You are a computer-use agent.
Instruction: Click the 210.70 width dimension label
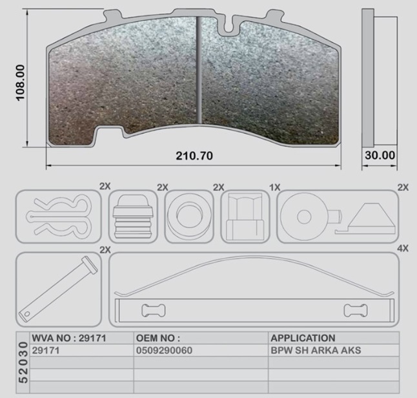[194, 156]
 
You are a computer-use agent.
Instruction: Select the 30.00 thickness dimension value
[379, 156]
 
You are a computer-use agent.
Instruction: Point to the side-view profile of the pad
[369, 78]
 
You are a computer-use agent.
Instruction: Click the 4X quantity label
[403, 248]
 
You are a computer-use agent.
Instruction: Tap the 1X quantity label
[275, 187]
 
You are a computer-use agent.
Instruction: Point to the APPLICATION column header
[303, 337]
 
